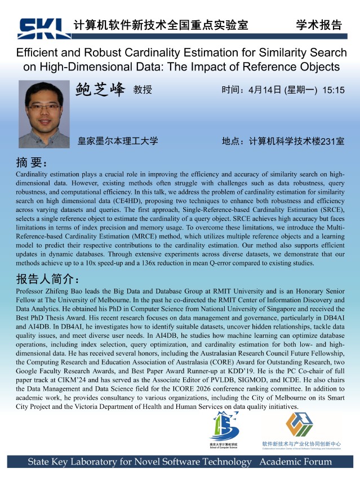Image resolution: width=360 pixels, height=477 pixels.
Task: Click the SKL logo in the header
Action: [x=43, y=26]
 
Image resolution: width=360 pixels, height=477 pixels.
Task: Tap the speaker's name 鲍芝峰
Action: [x=100, y=90]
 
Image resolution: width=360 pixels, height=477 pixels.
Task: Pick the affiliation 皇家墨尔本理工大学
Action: [x=118, y=141]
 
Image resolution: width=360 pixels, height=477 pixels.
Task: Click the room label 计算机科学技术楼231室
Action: [x=296, y=141]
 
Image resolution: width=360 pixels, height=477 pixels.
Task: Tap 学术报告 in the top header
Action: [x=318, y=25]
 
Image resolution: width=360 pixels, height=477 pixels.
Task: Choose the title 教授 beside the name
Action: [x=143, y=90]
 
